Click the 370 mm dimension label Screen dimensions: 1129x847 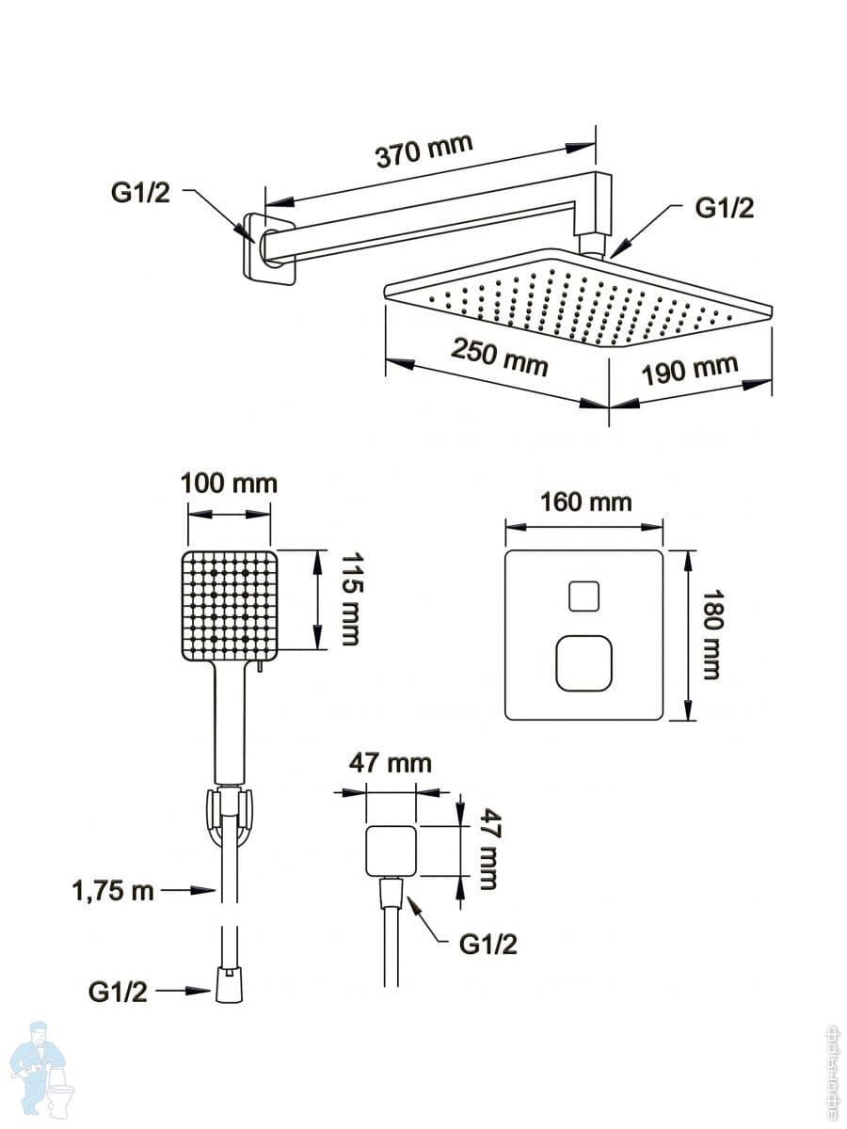[x=423, y=151]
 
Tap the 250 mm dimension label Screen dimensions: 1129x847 [x=499, y=356]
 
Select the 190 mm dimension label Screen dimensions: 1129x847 [x=690, y=370]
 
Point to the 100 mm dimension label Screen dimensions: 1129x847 [x=229, y=484]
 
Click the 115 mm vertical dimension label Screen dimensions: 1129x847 [x=350, y=598]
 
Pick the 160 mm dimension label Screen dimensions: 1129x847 [x=585, y=501]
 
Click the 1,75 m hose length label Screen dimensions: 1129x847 [x=113, y=890]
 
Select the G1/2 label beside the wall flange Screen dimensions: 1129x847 [x=140, y=193]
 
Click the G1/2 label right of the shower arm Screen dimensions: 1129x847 [x=725, y=208]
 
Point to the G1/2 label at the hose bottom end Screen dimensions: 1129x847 [x=118, y=992]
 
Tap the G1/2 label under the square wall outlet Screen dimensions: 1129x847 [x=487, y=945]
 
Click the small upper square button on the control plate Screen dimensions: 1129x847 [x=583, y=596]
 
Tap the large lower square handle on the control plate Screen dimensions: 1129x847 [x=583, y=662]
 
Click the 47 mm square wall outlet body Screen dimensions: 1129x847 [x=390, y=851]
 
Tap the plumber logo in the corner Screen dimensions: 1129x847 [x=42, y=1070]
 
